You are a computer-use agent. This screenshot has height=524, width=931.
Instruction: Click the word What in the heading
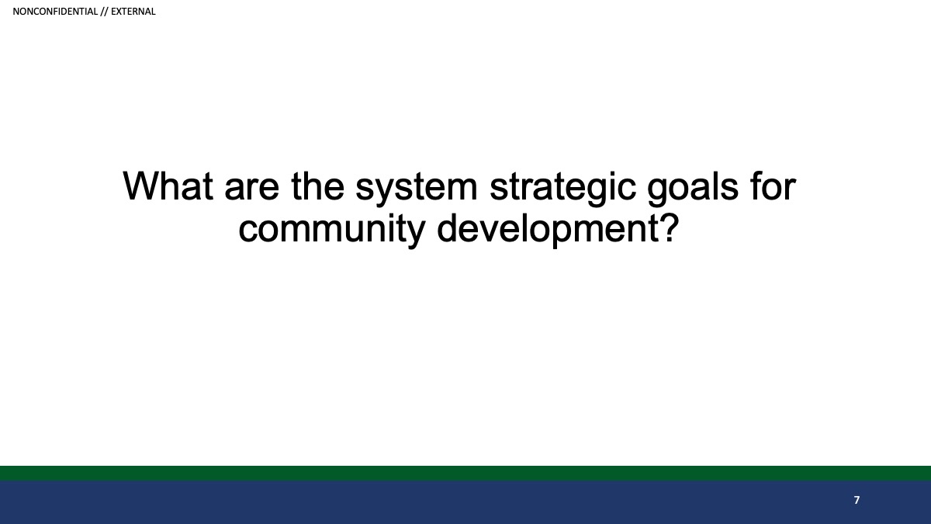click(168, 186)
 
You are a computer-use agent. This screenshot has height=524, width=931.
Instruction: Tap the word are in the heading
click(252, 190)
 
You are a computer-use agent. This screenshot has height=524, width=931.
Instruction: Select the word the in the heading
click(317, 186)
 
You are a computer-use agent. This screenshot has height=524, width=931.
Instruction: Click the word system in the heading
click(417, 189)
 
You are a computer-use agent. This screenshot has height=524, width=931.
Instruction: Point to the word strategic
click(562, 189)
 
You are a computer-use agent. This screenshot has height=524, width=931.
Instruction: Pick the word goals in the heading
click(693, 189)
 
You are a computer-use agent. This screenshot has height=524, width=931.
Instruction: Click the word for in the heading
click(773, 186)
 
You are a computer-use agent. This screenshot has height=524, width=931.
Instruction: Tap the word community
click(332, 231)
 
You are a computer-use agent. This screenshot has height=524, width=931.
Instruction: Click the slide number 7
click(857, 500)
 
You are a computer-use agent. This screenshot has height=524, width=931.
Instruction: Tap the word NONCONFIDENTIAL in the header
click(55, 12)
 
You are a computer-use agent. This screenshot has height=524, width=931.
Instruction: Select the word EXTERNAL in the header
click(133, 12)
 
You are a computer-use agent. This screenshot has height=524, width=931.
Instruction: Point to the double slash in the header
click(104, 12)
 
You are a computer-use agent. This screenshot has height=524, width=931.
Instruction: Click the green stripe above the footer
click(465, 474)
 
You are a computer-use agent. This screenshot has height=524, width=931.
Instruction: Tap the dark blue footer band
click(465, 502)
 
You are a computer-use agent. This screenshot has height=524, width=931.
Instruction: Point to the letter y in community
click(414, 234)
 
